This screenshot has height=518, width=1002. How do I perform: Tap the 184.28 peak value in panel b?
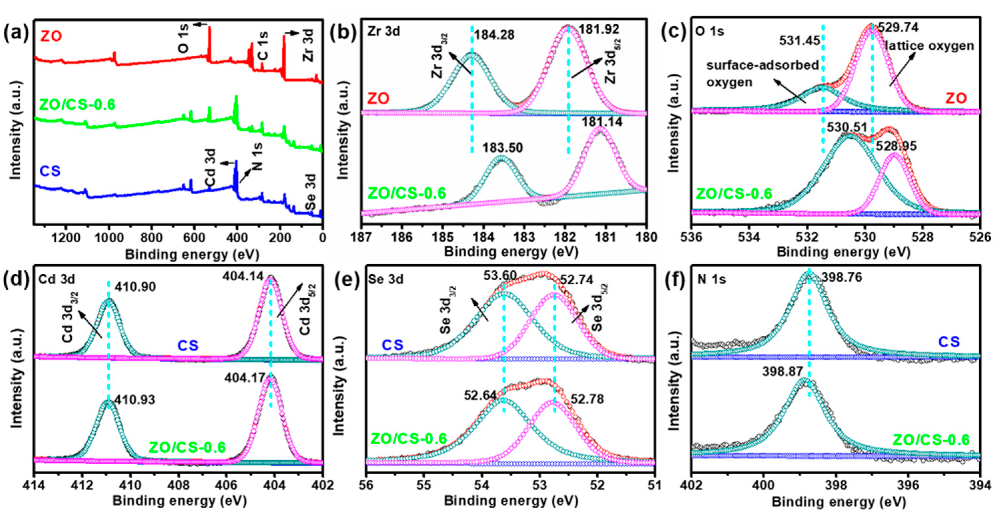point(494,35)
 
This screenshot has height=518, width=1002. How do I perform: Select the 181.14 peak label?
point(602,122)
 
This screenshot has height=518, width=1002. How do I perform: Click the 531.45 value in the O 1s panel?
point(799,40)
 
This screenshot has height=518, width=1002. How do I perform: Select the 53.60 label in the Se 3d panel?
point(500,276)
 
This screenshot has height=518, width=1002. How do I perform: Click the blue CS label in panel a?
point(50,171)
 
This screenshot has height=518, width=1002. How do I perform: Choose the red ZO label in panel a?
point(51,37)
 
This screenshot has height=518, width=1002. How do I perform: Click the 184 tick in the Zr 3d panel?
point(483,237)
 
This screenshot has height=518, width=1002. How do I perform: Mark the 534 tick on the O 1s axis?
point(749,237)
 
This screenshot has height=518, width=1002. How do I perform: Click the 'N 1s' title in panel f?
point(711,279)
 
